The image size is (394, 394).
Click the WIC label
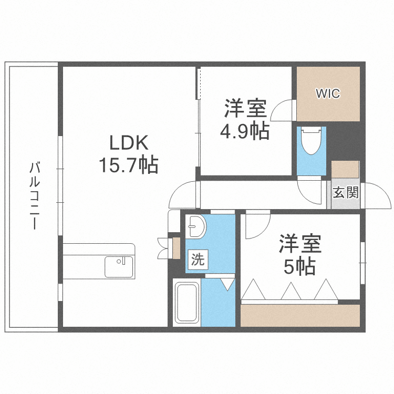click(328, 94)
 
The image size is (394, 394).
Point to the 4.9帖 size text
click(244, 131)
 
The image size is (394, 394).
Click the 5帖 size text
click(299, 267)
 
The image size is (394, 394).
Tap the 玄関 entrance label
click(346, 192)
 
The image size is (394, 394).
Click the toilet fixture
click(311, 140)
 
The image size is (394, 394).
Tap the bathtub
click(186, 303)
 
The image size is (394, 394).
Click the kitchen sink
click(120, 266)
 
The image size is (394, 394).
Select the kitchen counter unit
click(99, 260)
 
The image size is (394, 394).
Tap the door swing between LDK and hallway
click(182, 194)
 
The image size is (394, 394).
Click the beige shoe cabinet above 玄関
click(345, 170)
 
